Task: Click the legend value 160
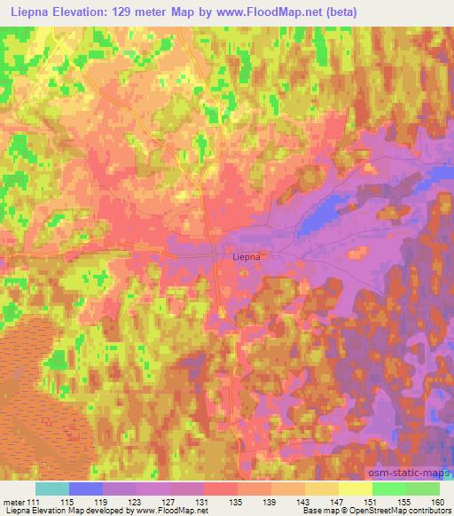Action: [x=436, y=502]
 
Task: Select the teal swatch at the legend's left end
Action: [x=52, y=489]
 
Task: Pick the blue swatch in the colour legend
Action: [x=86, y=489]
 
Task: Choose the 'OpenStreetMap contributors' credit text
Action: [x=397, y=511]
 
